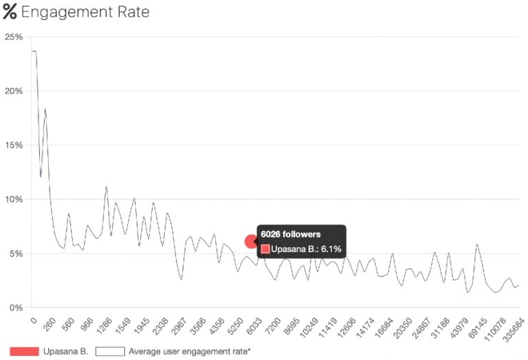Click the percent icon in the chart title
[10, 12]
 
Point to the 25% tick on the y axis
[14, 36]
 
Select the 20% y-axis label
[14, 91]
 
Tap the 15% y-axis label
[14, 145]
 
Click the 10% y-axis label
[14, 199]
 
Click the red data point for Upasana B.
[252, 241]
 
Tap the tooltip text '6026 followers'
[290, 234]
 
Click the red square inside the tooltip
[265, 249]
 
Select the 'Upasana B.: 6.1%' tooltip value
[306, 249]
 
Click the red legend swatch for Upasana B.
[24, 351]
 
